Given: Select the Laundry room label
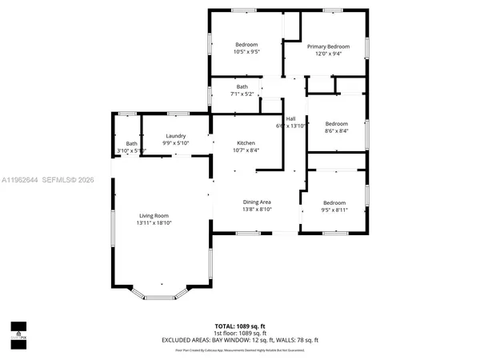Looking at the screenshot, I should [175, 136].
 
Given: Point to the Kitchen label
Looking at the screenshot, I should [246, 142].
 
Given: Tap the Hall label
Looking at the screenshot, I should [291, 119].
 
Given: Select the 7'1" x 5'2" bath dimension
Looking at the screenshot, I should [242, 94].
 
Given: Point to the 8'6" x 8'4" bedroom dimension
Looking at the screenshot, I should [336, 132].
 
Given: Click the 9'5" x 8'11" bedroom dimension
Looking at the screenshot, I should [334, 210].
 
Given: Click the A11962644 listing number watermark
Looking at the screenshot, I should [22, 181].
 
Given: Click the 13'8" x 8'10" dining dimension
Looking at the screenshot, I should [258, 210].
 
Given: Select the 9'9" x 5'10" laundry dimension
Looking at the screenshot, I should [175, 143].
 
